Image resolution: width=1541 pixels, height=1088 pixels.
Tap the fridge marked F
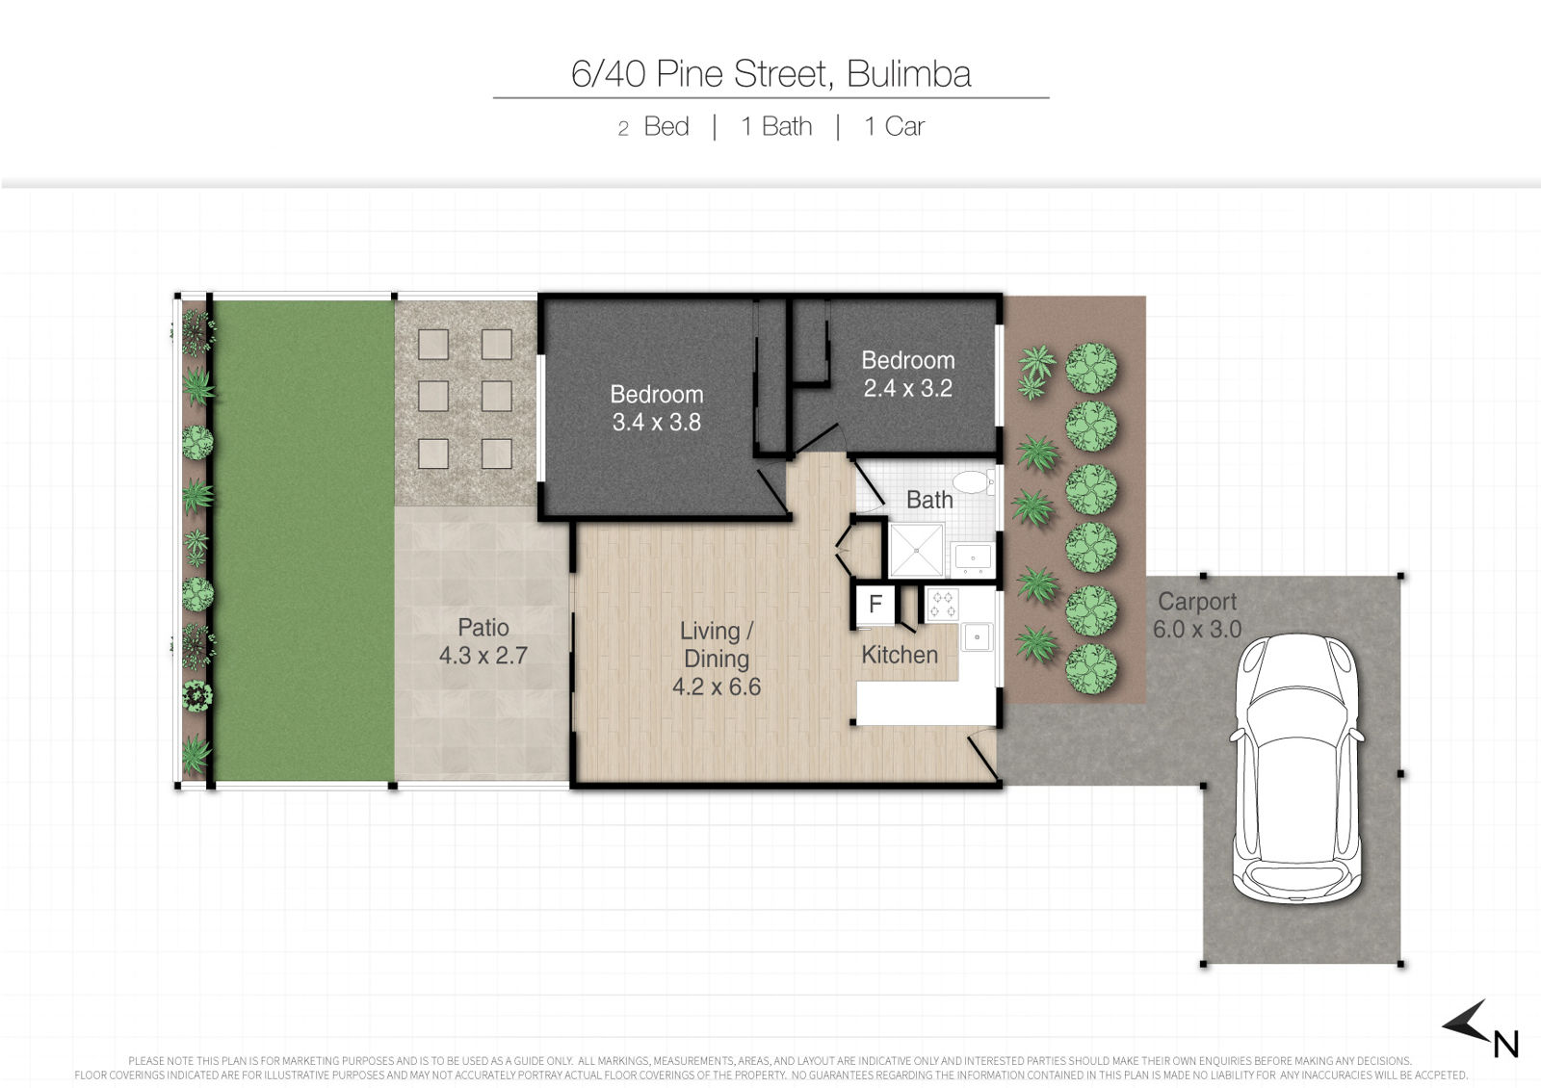point(875,605)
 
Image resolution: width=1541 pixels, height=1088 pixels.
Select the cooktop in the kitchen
point(943,605)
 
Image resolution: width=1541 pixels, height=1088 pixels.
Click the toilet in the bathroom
point(973,482)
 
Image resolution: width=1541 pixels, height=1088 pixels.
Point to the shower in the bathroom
point(916,550)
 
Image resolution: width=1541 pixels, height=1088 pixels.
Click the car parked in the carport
point(1295,768)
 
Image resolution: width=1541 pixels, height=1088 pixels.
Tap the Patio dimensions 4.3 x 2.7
point(483,656)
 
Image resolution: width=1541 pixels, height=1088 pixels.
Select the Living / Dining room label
point(717,644)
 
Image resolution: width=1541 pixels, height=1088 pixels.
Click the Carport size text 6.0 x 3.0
point(1197,630)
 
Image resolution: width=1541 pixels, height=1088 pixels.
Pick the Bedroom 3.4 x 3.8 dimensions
point(656,423)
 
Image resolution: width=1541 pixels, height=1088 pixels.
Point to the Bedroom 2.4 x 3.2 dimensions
point(908,389)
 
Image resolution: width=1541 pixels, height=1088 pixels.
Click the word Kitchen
point(900,655)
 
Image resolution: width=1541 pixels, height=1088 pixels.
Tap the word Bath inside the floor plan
point(929,500)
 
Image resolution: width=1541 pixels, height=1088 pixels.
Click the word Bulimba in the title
point(909,74)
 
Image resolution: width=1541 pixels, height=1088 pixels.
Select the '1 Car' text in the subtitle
point(895,126)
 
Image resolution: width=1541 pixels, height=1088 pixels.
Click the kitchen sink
point(977,636)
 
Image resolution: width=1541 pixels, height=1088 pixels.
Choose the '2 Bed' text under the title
point(654,126)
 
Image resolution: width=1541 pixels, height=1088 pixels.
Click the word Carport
point(1197,602)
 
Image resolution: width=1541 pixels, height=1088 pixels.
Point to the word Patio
point(483,627)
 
